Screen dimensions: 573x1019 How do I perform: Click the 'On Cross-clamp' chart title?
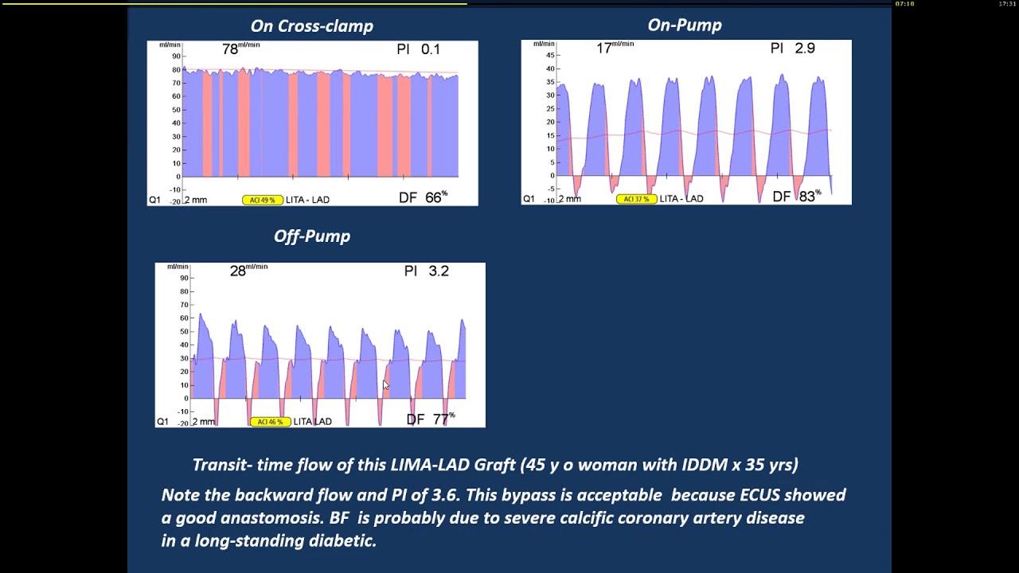(311, 26)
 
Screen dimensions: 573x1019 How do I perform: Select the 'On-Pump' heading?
(685, 25)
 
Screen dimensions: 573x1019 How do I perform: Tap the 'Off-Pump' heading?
(312, 236)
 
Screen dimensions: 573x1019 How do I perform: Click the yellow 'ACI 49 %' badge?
(263, 200)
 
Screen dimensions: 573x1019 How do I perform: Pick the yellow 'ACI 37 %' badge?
(636, 199)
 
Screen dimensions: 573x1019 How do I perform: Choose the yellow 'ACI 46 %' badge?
(270, 422)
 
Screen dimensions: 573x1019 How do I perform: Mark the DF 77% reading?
(431, 419)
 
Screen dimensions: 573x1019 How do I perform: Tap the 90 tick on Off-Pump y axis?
(184, 278)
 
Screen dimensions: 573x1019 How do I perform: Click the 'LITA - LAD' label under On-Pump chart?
(681, 199)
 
